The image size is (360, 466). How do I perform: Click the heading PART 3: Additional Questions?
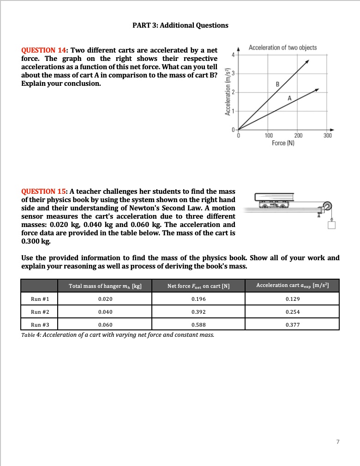(x=180, y=25)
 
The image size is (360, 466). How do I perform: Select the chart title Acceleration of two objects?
(x=282, y=48)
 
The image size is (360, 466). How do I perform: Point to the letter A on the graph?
(x=289, y=98)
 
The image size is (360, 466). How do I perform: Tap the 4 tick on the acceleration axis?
(x=234, y=54)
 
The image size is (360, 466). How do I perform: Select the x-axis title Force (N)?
(x=283, y=143)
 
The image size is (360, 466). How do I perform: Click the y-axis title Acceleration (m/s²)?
(x=227, y=92)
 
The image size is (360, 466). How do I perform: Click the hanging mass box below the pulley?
(x=330, y=225)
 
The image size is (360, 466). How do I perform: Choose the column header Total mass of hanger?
(x=105, y=286)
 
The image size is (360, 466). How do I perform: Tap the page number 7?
(x=338, y=442)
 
